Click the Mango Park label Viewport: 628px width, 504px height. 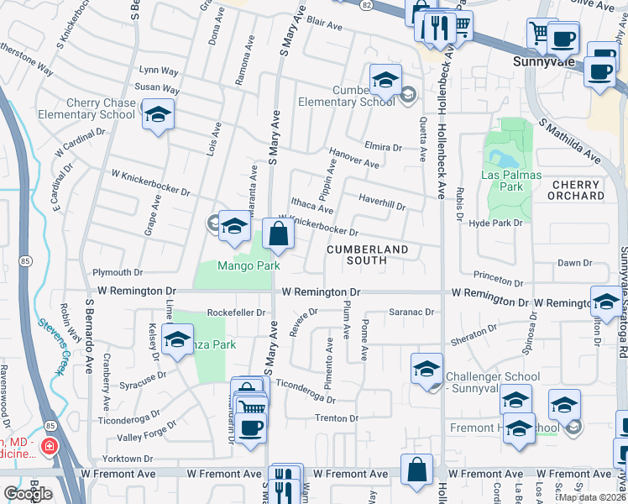point(249,266)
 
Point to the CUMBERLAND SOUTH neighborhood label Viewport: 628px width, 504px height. point(367,255)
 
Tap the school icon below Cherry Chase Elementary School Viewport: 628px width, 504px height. point(157,116)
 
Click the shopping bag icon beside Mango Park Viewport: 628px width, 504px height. point(278,234)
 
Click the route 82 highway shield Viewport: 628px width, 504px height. point(367,5)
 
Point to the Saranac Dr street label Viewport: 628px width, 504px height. point(411,312)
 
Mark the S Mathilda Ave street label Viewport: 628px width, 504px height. point(572,140)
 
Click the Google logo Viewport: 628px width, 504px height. point(29,494)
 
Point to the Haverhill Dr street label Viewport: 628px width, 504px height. point(382,202)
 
